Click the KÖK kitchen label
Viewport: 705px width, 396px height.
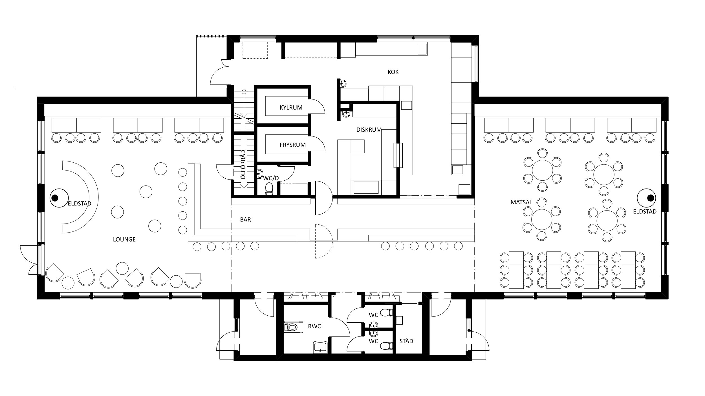coord(393,72)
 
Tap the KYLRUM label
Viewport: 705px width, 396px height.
coord(291,107)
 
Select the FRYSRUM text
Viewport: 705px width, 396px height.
coord(293,145)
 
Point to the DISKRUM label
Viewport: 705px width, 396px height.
coord(369,130)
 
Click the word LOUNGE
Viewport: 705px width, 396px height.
coord(124,239)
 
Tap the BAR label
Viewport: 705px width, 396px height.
coord(245,220)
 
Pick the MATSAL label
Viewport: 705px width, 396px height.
coord(521,202)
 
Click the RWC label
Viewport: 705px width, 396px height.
coord(314,326)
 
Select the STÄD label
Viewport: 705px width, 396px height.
coord(406,341)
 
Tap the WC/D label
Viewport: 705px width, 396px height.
coord(271,178)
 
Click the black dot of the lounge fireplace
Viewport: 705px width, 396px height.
coord(55,198)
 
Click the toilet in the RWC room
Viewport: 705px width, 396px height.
coord(291,327)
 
